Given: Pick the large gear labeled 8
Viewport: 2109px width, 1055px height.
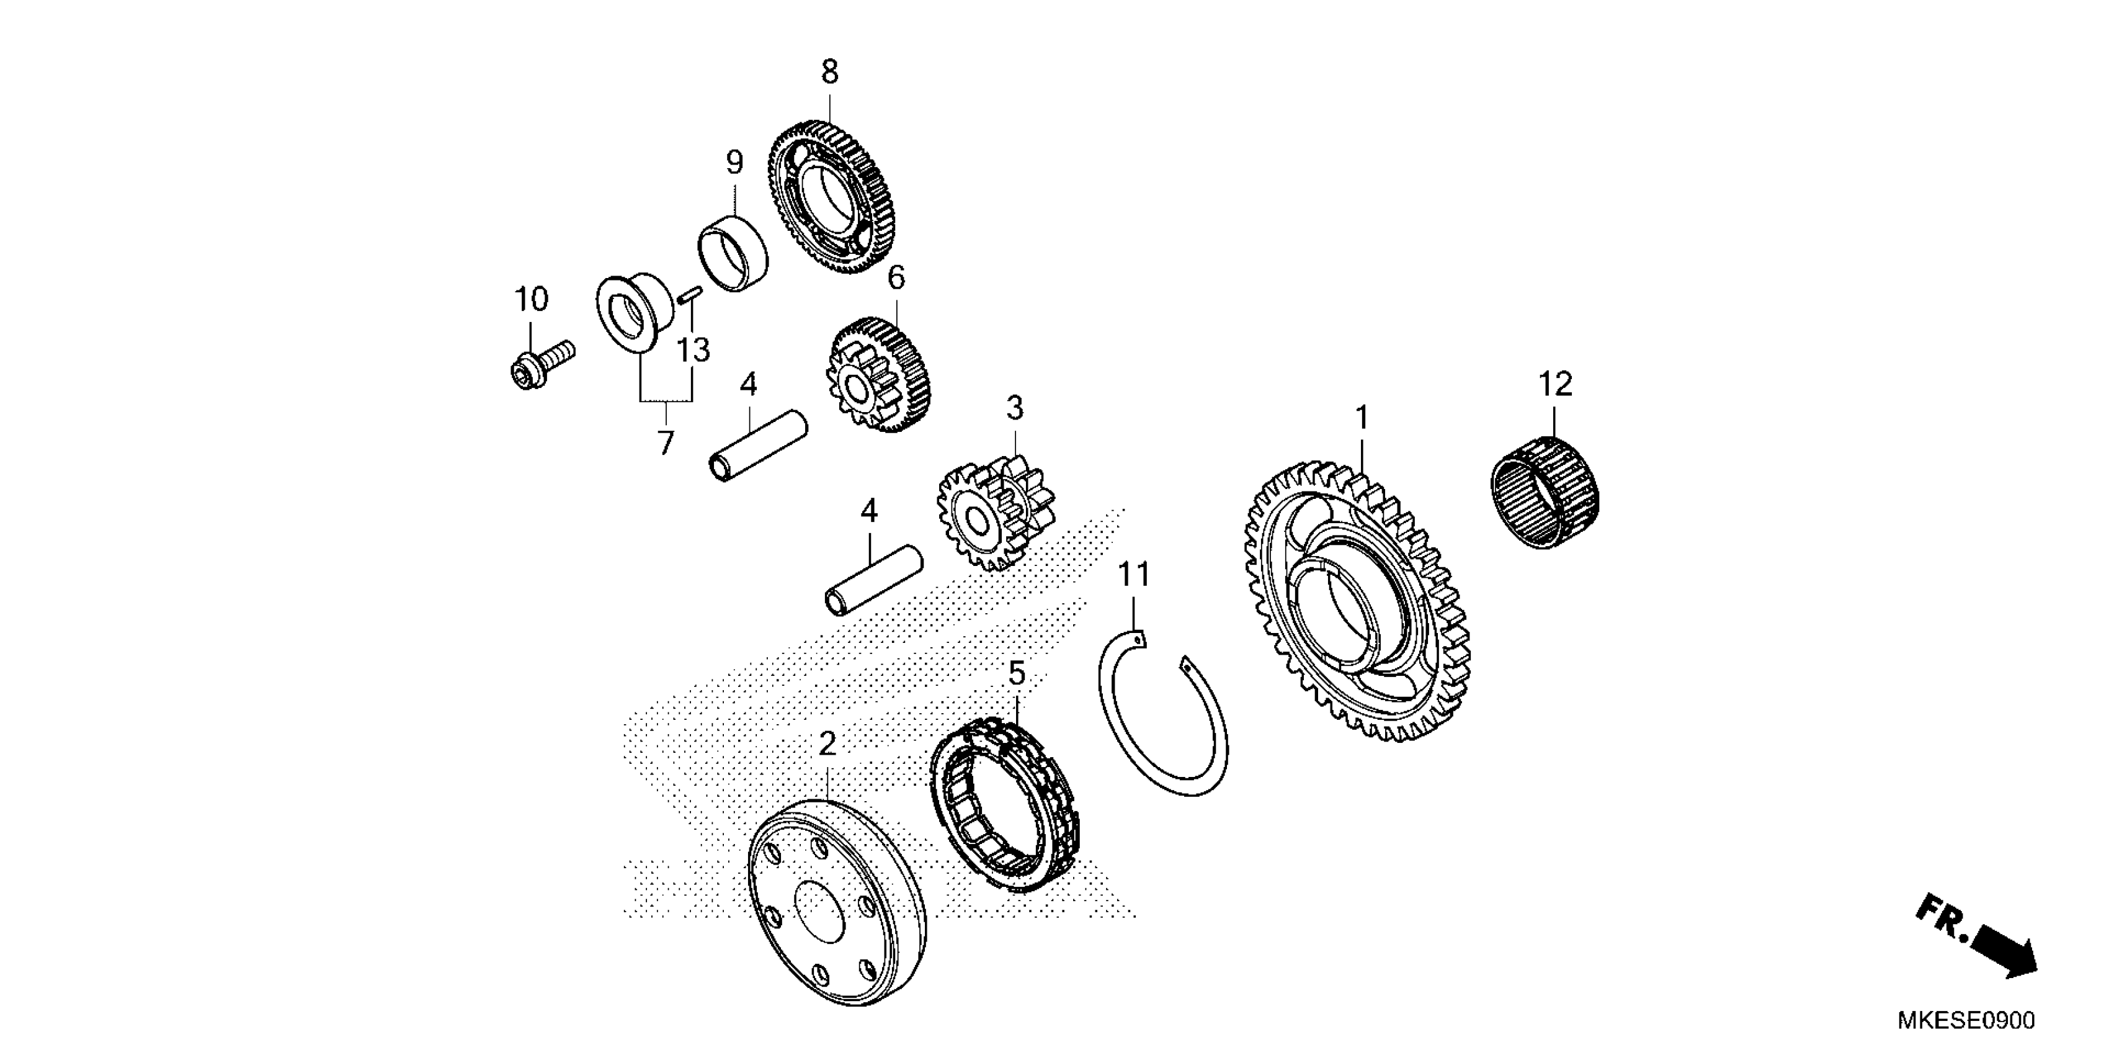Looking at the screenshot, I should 831,197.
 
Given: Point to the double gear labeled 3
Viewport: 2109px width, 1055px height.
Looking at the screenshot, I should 995,516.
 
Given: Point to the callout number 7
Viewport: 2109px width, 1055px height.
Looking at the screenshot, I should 666,443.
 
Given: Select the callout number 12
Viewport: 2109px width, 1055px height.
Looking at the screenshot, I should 1556,384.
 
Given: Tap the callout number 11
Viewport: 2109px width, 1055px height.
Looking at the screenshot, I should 1134,575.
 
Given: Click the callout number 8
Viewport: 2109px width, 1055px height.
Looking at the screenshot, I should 829,73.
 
